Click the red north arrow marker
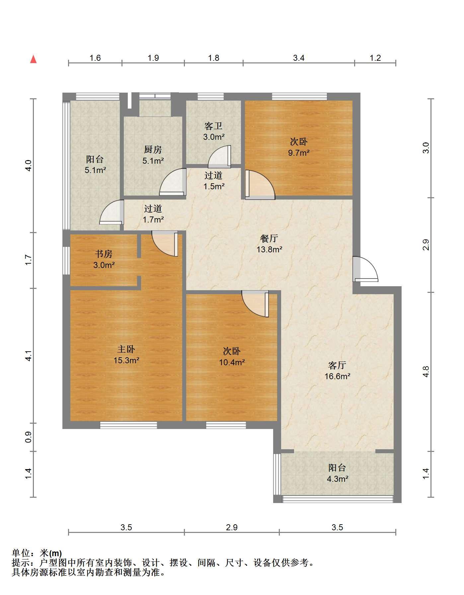(33, 59)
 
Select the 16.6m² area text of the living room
(338, 376)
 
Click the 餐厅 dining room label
(269, 238)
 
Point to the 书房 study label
(104, 254)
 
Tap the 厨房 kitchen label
(153, 150)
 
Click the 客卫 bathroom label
(213, 126)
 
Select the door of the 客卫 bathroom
(219, 156)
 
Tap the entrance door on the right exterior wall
(365, 269)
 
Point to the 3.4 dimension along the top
(299, 58)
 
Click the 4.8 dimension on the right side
(426, 372)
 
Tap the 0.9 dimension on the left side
(29, 437)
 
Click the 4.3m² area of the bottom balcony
(338, 479)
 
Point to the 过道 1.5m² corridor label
(214, 181)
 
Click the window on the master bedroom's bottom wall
(128, 425)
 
